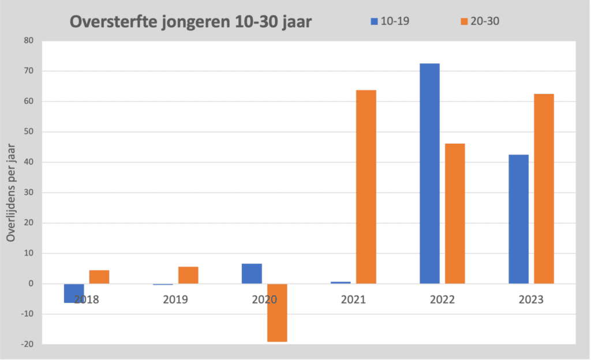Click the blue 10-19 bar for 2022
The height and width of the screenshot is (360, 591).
[x=429, y=173]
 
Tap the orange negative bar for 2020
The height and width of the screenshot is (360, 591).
[x=277, y=313]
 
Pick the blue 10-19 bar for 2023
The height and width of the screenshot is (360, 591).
[x=518, y=219]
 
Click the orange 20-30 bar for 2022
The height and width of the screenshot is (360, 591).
[x=455, y=213]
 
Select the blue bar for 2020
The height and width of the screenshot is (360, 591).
[x=252, y=273]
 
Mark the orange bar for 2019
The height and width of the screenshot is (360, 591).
[x=188, y=275]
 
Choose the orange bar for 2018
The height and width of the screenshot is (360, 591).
[x=99, y=277]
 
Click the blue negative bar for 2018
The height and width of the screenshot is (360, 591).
[x=74, y=293]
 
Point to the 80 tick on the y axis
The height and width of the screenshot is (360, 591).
[x=28, y=41]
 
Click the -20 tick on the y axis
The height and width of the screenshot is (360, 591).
[x=27, y=344]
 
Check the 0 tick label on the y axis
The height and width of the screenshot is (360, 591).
[x=31, y=284]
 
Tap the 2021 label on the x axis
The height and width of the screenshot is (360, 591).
[x=353, y=300]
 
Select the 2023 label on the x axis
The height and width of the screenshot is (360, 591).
[x=531, y=300]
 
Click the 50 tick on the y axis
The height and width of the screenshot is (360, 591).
[x=28, y=132]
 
